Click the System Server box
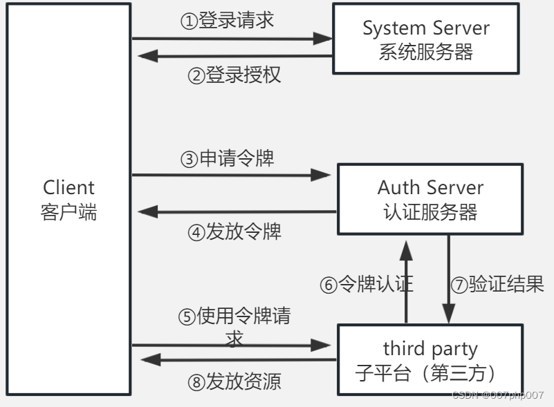(425, 39)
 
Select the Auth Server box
(430, 199)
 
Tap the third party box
(430, 359)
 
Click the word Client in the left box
(68, 187)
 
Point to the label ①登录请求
(228, 21)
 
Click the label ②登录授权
(234, 75)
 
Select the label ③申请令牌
(228, 159)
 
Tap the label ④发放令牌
(234, 231)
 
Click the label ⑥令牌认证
(366, 284)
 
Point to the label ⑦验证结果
(497, 284)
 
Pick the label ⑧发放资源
(234, 381)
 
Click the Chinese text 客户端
(68, 211)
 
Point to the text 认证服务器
(430, 211)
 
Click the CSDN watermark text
(497, 395)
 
